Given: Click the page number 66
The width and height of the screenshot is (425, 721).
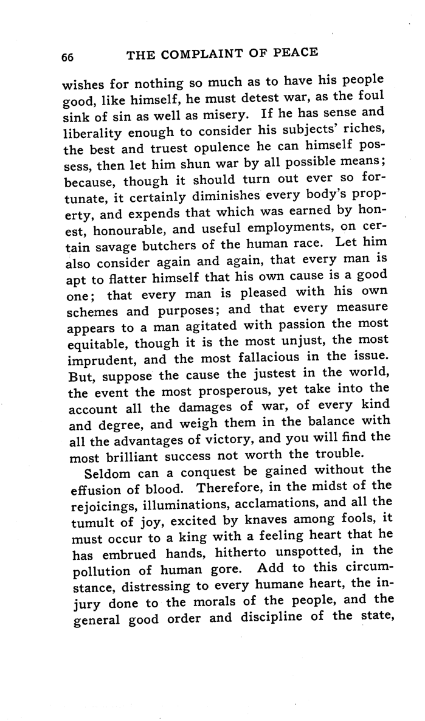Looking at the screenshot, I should (67, 56).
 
